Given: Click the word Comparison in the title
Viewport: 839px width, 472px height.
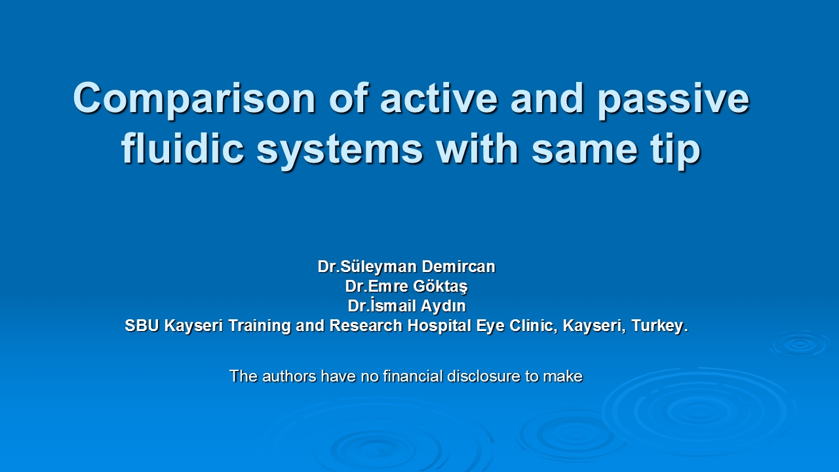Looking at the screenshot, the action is coord(195,99).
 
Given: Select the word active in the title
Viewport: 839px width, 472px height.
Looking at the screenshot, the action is coord(439,98).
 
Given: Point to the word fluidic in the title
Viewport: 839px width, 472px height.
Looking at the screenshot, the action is coord(183,148).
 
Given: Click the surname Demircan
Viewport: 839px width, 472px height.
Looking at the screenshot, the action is coord(458,267).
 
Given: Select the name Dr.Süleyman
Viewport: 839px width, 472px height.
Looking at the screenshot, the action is coord(368,267).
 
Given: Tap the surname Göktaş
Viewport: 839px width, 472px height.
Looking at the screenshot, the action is coord(440,286).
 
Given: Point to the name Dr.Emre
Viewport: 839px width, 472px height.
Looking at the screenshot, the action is coord(376,286).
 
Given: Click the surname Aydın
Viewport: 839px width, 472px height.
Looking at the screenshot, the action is coord(444,306).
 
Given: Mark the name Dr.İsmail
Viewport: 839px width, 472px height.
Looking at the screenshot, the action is coord(381,305).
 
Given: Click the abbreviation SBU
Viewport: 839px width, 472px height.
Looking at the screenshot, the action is coord(143,326).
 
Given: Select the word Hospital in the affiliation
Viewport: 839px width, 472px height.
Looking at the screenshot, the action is coord(439,326).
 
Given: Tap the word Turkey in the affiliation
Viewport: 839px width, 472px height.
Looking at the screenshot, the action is coord(657,326).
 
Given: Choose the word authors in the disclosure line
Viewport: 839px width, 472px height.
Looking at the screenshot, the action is coord(289,376).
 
